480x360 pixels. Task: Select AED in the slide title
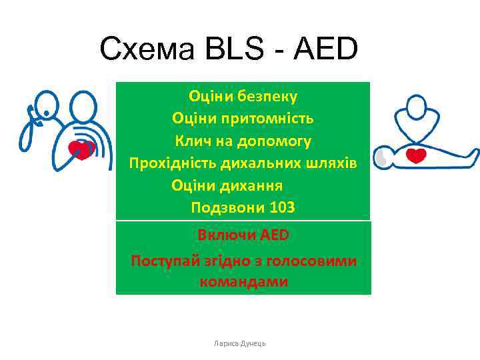tap(325, 49)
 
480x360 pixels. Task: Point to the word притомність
tap(270, 119)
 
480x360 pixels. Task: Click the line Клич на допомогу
tap(243, 141)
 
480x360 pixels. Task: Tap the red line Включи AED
tap(243, 235)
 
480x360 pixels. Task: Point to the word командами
tap(243, 282)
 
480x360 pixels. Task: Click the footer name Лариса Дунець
tap(240, 343)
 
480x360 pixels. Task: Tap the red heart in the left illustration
tap(82, 147)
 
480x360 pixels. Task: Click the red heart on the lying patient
tap(417, 156)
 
